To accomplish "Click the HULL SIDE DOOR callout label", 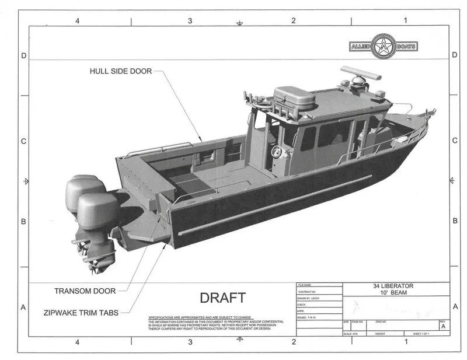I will coord(120,71).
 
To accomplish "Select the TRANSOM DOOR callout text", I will coord(85,290).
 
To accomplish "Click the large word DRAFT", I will coord(222,298).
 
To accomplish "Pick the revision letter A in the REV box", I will coord(444,327).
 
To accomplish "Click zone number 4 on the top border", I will coord(77,21).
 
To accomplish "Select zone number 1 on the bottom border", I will coord(405,342).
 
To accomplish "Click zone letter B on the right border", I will coord(455,221).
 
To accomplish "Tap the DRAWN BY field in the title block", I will coord(309,297).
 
